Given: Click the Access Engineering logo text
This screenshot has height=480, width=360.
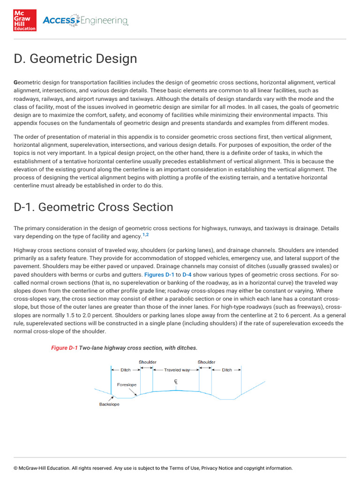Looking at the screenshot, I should coord(85,21).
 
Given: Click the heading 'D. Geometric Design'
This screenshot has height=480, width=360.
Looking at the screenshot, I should coord(75,59).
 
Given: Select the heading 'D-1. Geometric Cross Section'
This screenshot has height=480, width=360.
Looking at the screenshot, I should coord(93,207).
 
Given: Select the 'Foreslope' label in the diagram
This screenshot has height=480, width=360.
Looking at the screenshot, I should coord(127,385).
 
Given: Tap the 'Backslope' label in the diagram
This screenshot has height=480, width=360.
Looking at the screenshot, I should coord(109,404).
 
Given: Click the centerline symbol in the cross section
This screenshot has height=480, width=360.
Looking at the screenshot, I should coord(176,382).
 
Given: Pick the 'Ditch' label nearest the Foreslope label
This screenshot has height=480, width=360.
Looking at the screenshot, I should coord(126,370).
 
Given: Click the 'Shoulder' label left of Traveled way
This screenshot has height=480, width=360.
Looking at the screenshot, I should coord(147,362).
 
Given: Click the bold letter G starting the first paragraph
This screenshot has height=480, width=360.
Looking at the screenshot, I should coord(15,82).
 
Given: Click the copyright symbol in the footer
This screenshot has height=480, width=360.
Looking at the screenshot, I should coord(15,468).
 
